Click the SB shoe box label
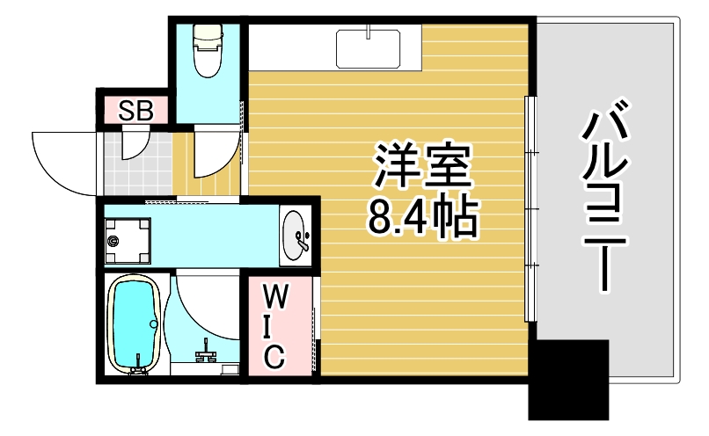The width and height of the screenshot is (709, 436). coord(136,112)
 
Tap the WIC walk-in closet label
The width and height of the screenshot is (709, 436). coord(274,326)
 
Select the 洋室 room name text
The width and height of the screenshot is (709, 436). coord(423,166)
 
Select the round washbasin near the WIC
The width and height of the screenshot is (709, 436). coord(296,235)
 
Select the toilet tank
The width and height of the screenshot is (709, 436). coord(208,33)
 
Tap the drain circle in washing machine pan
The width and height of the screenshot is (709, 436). coord(113,240)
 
